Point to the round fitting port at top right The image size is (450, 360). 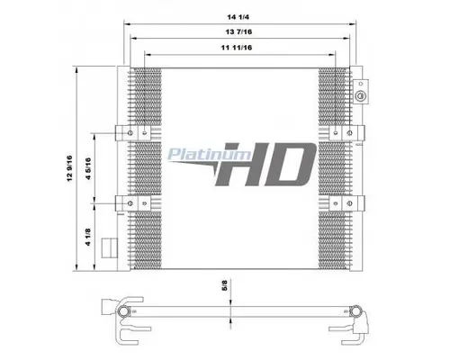pyautogui.click(x=361, y=95)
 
